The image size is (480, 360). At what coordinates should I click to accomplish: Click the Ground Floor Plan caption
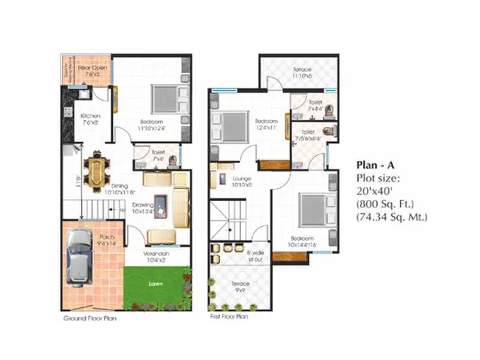pos(90,319)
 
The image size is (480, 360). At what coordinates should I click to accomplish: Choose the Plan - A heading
pos(375,164)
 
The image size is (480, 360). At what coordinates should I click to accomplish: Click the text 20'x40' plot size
pos(373,191)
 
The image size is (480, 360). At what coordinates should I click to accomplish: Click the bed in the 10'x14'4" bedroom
pos(313,209)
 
